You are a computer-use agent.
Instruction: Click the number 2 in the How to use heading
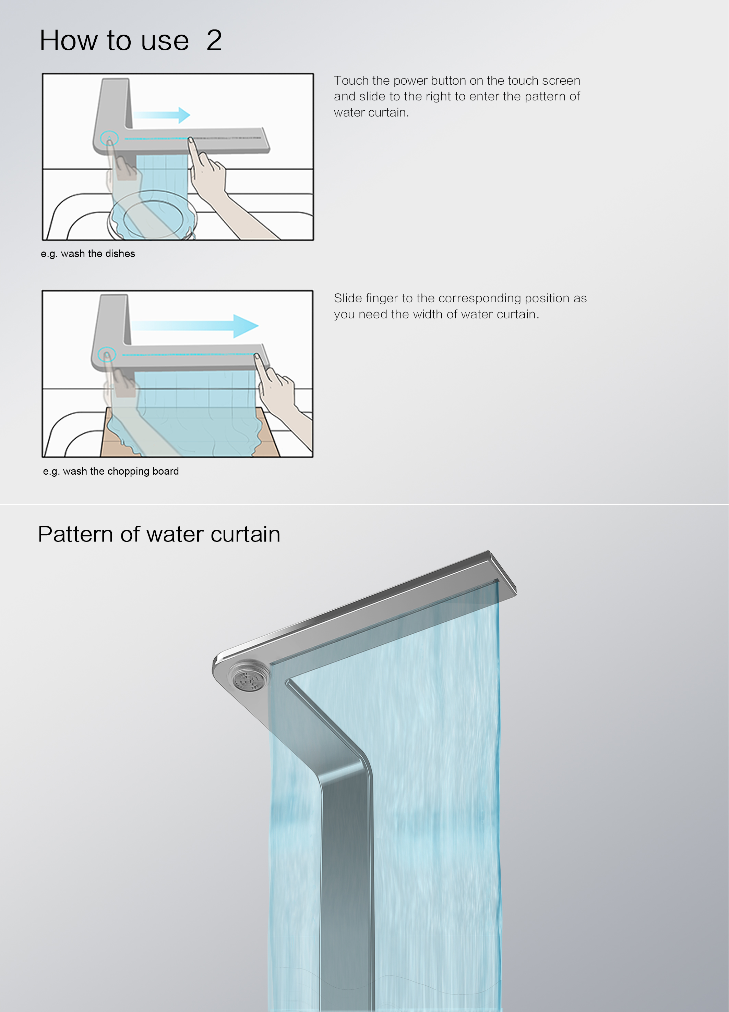(214, 40)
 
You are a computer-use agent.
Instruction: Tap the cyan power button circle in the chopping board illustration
(107, 354)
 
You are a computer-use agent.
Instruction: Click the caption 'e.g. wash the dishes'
(88, 254)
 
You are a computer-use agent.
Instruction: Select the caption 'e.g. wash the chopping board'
(111, 471)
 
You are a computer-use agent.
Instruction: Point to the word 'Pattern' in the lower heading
(75, 534)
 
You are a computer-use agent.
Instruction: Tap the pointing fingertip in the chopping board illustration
(256, 356)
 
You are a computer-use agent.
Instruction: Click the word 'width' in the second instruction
(428, 314)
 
